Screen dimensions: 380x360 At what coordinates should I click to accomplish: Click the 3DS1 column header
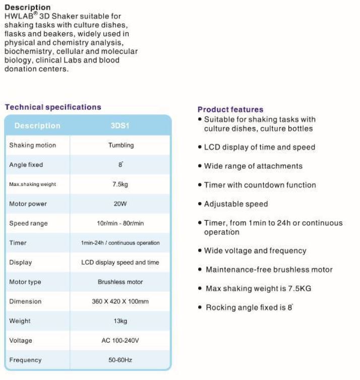pyautogui.click(x=120, y=125)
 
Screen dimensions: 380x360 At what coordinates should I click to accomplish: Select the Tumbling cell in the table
pyautogui.click(x=121, y=145)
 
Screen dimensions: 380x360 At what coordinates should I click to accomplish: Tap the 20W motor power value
pyautogui.click(x=120, y=204)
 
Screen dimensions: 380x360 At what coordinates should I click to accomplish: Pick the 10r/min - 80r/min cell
pyautogui.click(x=120, y=223)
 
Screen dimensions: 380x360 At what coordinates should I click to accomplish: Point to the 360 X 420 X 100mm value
pyautogui.click(x=120, y=301)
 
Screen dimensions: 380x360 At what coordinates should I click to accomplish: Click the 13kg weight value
pyautogui.click(x=120, y=321)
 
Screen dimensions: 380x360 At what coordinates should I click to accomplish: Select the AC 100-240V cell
pyautogui.click(x=120, y=341)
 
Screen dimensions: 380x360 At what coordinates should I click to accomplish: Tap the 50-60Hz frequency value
pyautogui.click(x=120, y=360)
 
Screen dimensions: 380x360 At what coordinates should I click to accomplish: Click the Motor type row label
pyautogui.click(x=25, y=282)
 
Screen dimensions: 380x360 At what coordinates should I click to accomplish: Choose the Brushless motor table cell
pyautogui.click(x=120, y=282)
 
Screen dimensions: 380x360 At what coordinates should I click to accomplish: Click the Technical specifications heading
pyautogui.click(x=53, y=107)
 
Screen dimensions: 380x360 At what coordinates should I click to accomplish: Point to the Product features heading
pyautogui.click(x=230, y=109)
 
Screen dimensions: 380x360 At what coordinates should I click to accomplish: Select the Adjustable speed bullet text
pyautogui.click(x=236, y=204)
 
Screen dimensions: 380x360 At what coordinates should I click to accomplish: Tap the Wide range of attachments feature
pyautogui.click(x=253, y=166)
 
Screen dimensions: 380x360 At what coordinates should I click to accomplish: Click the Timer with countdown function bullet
pyautogui.click(x=260, y=185)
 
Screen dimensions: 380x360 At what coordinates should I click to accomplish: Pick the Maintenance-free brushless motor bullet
pyautogui.click(x=269, y=270)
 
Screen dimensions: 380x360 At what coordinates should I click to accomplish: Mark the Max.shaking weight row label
pyautogui.click(x=33, y=184)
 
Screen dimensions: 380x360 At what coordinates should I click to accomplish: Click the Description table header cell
pyautogui.click(x=37, y=125)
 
